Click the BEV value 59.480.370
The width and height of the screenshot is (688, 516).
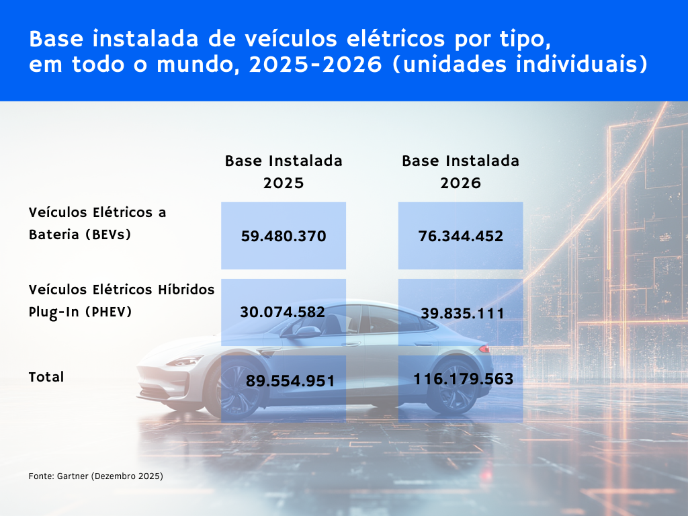coord(283,236)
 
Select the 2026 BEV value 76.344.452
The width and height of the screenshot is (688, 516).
coord(461,236)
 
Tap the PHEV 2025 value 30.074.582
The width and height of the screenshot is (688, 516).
coord(283,312)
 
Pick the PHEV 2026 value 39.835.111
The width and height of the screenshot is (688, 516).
coord(461,313)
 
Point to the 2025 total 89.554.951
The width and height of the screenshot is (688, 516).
coord(290,381)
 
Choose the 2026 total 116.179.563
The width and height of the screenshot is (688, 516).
coord(464,379)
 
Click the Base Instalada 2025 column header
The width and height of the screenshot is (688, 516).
coord(284,172)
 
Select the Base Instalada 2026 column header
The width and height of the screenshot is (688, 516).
coord(461,172)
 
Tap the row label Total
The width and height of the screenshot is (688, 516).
coord(46,377)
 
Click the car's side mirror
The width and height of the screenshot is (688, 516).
coord(307,331)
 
